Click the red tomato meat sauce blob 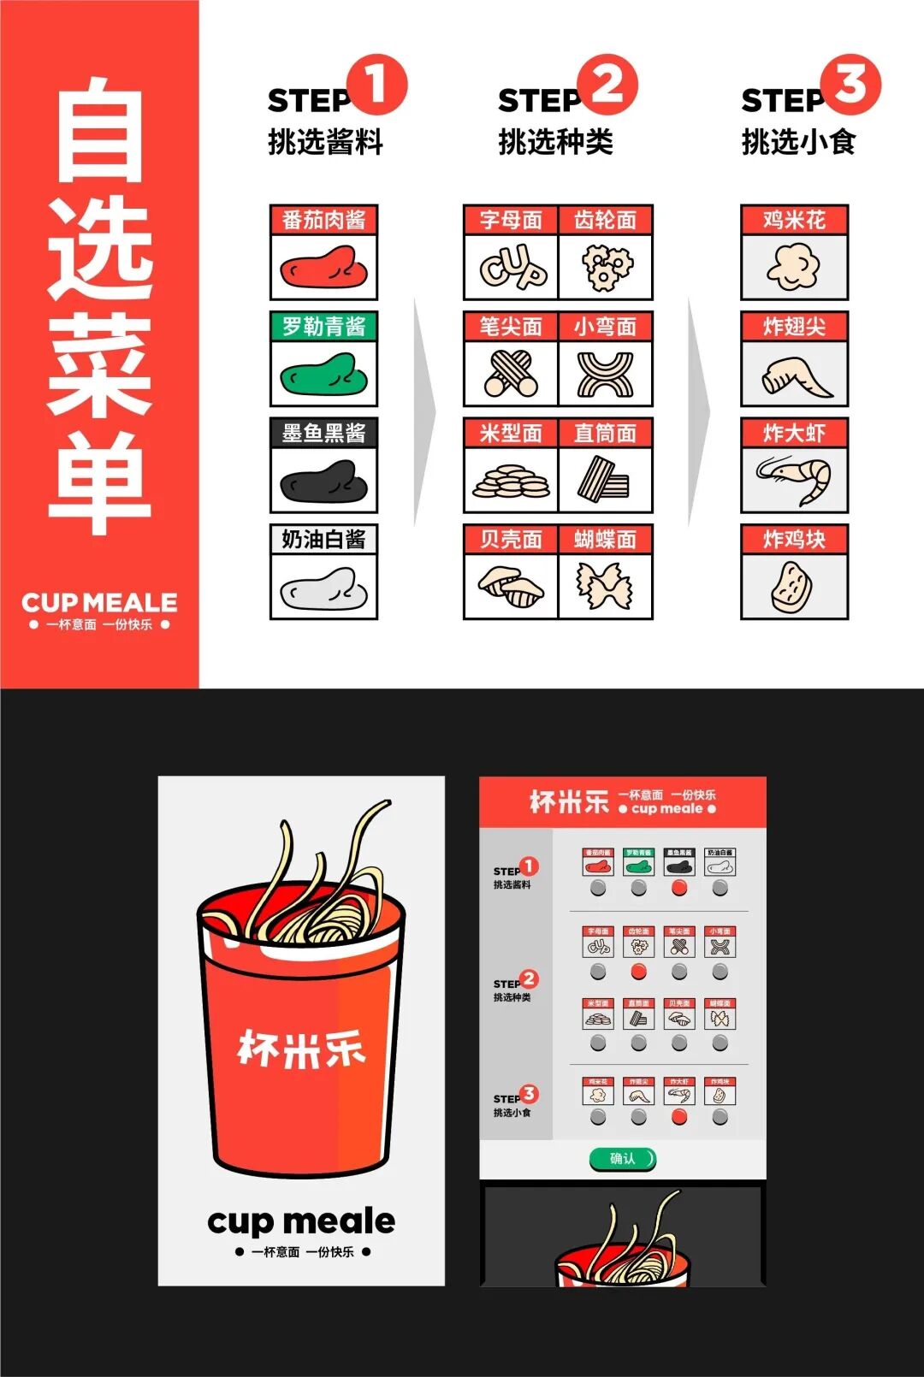tap(323, 268)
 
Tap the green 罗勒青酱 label tap(323, 326)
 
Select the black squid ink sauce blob tap(323, 481)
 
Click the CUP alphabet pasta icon tap(512, 268)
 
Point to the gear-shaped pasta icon tap(606, 268)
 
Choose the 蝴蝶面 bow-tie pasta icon tap(606, 587)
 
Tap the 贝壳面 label tap(511, 540)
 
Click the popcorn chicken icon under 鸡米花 tap(794, 267)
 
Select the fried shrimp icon tap(794, 479)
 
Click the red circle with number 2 tap(607, 85)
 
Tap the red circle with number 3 tap(850, 85)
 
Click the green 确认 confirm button tap(623, 1159)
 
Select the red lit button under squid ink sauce tap(679, 888)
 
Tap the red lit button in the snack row tap(679, 1117)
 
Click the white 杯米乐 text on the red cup tap(301, 1049)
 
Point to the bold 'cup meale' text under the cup tap(301, 1220)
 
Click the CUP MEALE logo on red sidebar tap(99, 603)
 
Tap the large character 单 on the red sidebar tap(99, 483)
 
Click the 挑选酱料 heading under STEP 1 tap(325, 142)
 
